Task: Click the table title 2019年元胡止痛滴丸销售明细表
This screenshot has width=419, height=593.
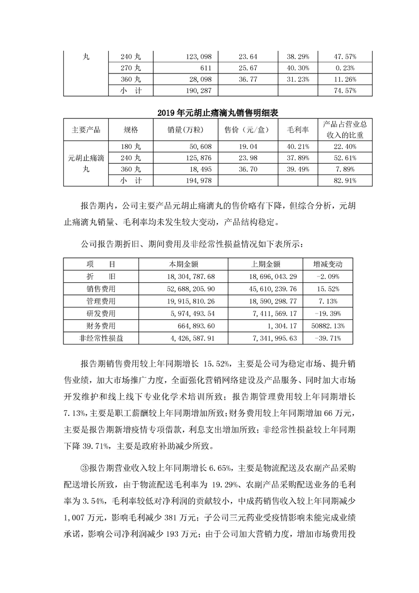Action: click(209, 113)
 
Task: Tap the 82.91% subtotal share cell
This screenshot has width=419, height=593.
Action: click(344, 180)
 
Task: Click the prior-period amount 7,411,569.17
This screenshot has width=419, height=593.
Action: click(270, 313)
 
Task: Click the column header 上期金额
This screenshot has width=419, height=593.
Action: click(270, 264)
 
